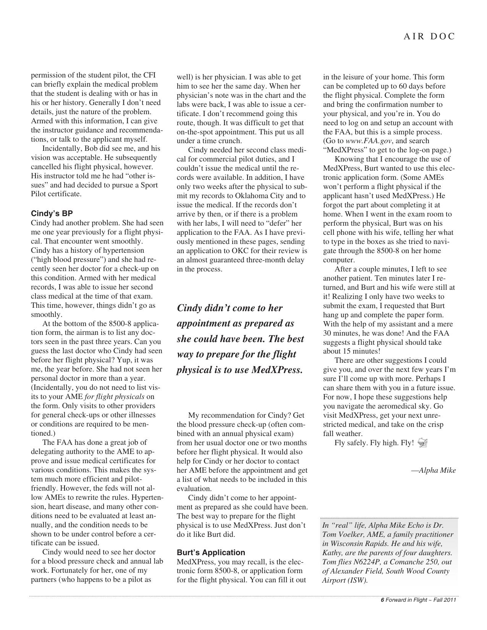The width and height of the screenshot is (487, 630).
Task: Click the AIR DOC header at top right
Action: [429, 36]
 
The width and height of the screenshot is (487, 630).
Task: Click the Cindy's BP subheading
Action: [52, 213]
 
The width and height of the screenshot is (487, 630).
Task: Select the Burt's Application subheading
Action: [211, 552]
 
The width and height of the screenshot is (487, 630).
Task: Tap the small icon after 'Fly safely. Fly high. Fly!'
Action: [422, 443]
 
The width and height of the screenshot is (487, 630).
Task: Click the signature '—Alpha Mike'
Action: [433, 470]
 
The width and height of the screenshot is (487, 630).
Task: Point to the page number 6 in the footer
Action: [382, 600]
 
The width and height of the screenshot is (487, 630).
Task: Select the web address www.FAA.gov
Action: [369, 141]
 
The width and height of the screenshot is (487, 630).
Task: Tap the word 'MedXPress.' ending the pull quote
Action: [277, 370]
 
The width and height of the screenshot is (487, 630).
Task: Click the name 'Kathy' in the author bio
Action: [332, 553]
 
